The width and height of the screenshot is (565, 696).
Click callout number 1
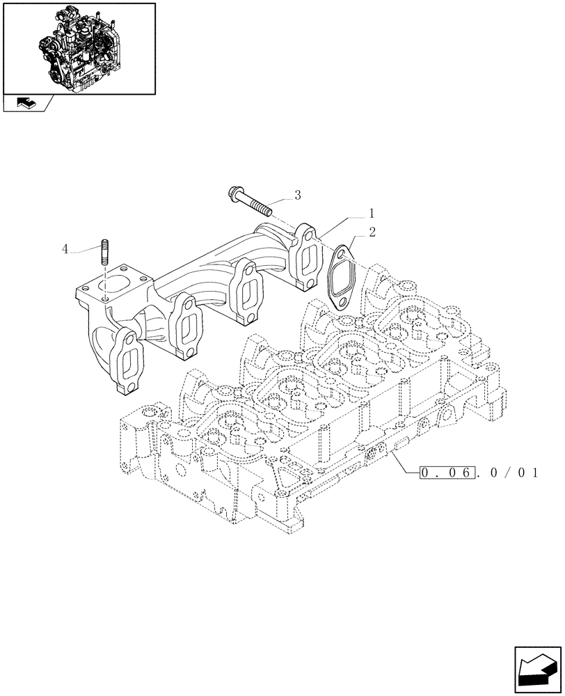[372, 212]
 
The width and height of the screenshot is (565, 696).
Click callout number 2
[372, 232]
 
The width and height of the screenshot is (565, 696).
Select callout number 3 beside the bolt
[297, 195]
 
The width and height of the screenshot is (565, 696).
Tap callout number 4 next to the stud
[65, 248]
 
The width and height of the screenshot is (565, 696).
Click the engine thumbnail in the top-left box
[78, 47]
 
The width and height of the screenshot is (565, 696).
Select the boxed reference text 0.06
[447, 474]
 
